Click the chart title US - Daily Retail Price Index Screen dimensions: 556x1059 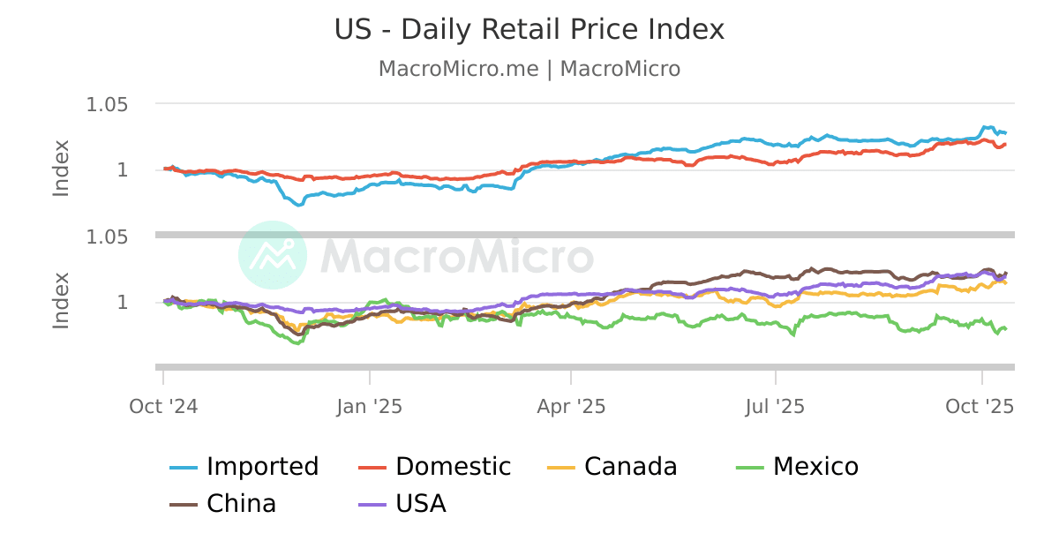529,29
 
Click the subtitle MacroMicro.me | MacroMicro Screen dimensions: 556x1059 529,69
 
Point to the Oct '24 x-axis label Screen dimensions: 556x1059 162,407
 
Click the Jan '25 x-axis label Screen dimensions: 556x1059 370,407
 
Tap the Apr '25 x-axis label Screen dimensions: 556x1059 571,407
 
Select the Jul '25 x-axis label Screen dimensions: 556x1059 775,407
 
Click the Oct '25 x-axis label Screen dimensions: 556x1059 980,407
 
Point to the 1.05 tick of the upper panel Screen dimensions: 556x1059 107,105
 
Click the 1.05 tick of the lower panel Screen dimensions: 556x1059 107,237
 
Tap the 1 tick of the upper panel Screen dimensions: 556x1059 122,169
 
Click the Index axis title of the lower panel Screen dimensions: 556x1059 61,300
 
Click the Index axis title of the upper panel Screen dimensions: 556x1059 61,168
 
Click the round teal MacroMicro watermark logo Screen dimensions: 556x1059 273,255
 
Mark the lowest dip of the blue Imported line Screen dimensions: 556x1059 299,205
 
